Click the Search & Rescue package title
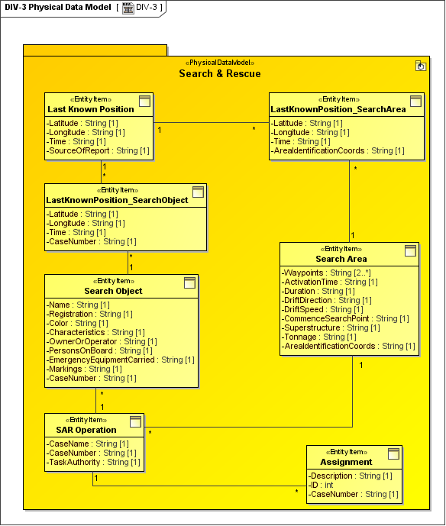[x=220, y=73]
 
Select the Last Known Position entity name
[x=91, y=109]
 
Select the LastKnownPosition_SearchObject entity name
[x=117, y=200]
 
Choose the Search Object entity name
[x=113, y=291]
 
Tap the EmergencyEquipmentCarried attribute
[x=121, y=360]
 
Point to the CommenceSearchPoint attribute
[x=345, y=318]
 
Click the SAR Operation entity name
[x=86, y=430]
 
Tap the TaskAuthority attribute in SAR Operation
[x=93, y=462]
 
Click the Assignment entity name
[x=347, y=462]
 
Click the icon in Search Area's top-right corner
[x=410, y=250]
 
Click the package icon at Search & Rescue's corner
[x=420, y=66]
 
